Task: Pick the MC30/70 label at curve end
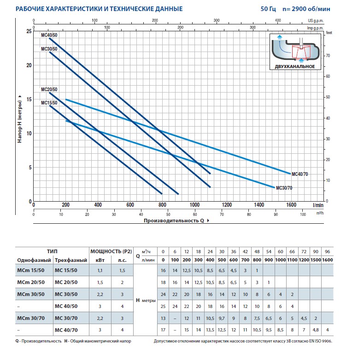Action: tap(284, 188)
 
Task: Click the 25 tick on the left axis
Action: tap(29, 31)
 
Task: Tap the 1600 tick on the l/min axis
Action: tap(291, 205)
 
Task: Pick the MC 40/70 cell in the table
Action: tap(66, 329)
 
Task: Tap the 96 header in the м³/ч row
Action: tap(327, 251)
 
